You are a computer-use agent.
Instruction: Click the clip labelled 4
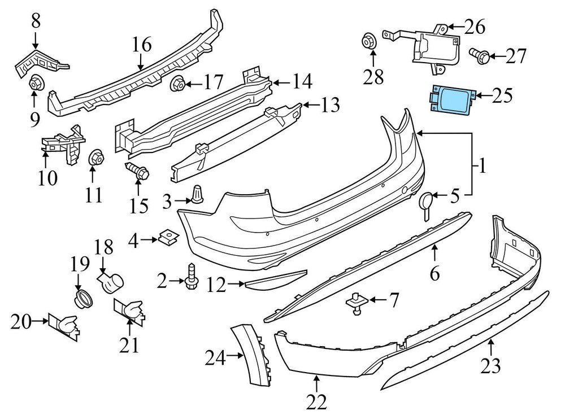tap(167, 239)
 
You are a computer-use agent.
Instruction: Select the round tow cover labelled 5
tap(426, 202)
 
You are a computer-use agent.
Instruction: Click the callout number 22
tap(318, 402)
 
